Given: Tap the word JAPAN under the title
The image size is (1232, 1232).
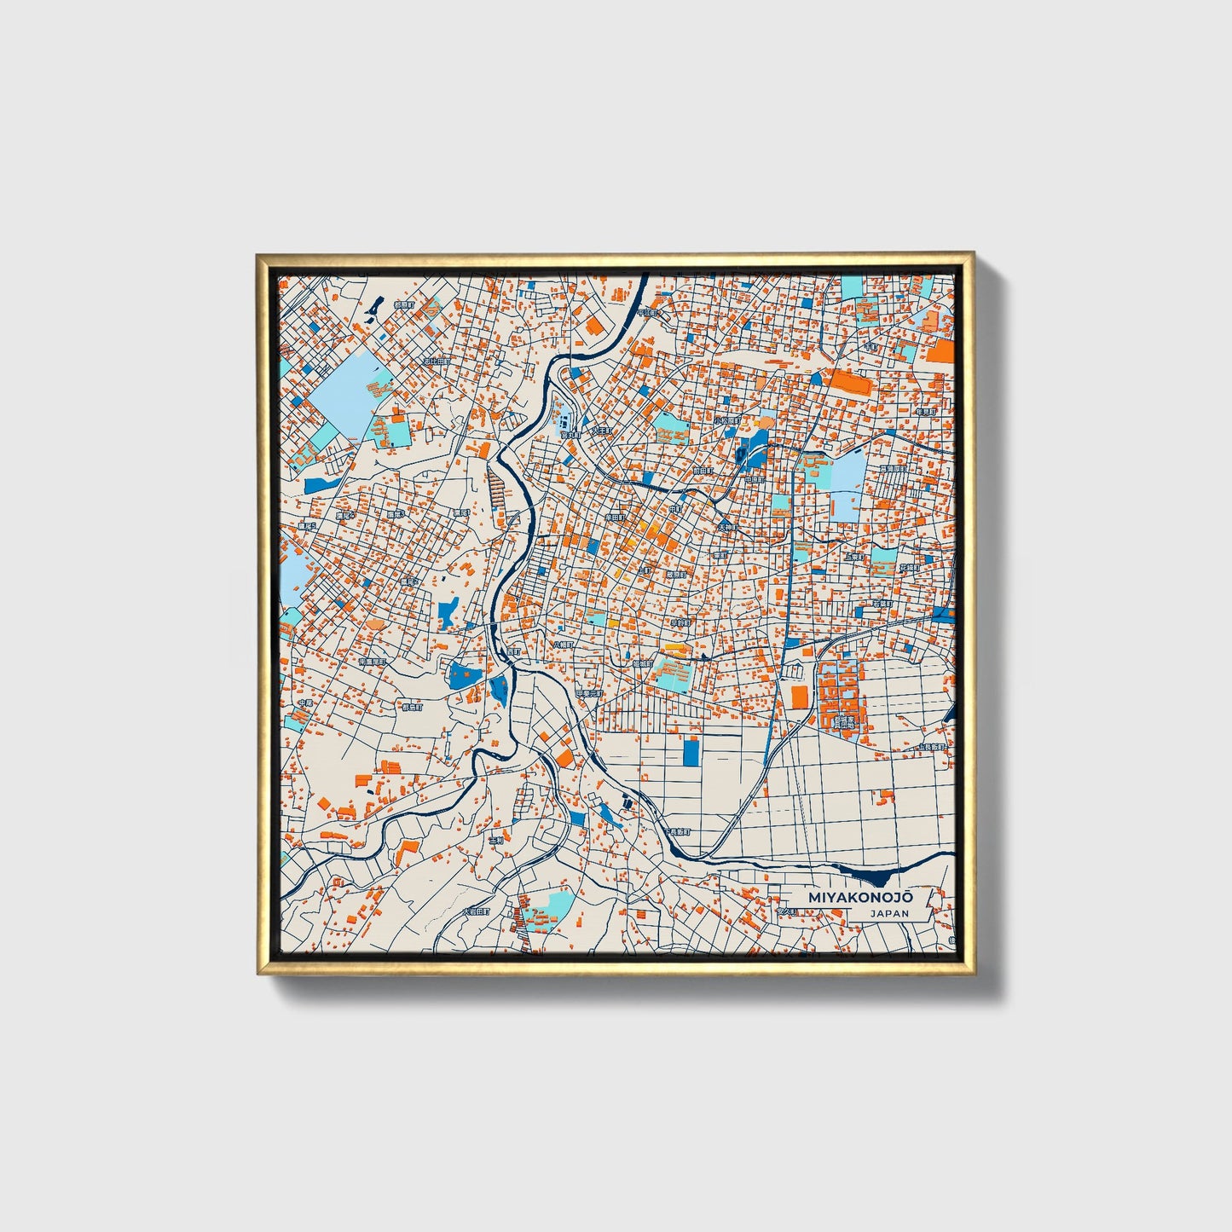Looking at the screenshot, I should tap(889, 914).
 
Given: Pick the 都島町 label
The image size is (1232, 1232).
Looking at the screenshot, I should tap(412, 707).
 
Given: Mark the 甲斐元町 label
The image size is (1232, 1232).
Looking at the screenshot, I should tap(589, 694).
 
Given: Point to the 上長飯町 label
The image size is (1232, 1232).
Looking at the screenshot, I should tap(932, 747).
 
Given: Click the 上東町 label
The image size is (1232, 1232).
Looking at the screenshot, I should tap(853, 556).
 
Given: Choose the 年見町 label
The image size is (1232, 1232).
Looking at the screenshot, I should tap(925, 412).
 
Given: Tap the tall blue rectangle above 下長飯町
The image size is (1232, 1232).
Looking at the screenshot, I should tap(691, 751).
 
